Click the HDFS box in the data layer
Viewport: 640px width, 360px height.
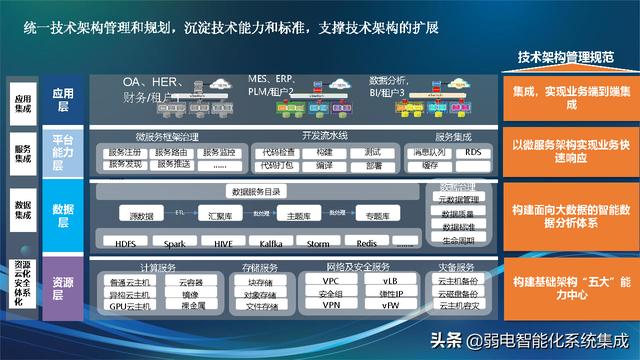click(125, 243)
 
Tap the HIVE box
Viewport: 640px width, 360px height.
click(223, 243)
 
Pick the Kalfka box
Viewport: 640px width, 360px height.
click(272, 243)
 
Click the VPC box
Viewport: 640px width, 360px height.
click(331, 281)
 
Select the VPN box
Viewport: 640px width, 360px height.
click(331, 307)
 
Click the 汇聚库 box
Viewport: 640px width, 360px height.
click(213, 215)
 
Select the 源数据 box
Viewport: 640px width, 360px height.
click(142, 215)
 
